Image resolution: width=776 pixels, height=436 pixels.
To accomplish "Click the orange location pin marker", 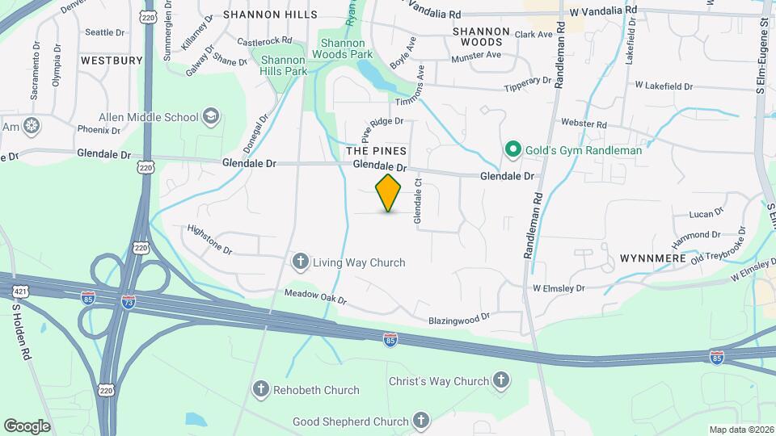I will pos(389,192).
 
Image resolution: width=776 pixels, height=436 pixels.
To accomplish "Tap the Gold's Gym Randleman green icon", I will pos(512,149).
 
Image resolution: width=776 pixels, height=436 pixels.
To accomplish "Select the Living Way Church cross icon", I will pos(301,262).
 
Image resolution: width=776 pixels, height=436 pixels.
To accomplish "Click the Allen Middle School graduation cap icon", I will pos(211,116).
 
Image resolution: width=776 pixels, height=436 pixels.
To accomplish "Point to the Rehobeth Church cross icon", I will pos(261,390).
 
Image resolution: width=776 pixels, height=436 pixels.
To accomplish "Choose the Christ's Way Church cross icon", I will pos(501,380).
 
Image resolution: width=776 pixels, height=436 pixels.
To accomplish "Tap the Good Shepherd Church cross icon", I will pos(420,420).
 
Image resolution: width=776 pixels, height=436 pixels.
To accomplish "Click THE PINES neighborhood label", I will pos(376,151).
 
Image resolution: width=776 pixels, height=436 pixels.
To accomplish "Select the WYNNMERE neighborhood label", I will pos(653,258).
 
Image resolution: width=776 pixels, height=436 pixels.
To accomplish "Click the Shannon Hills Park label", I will pos(283,65).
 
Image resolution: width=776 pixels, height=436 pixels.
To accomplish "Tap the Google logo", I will pos(27,426).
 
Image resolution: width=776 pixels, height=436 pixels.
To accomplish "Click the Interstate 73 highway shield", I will pos(128,300).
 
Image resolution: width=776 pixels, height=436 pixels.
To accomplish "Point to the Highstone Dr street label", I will pos(209,241).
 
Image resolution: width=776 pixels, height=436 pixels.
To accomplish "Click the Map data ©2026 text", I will pos(741,429).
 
